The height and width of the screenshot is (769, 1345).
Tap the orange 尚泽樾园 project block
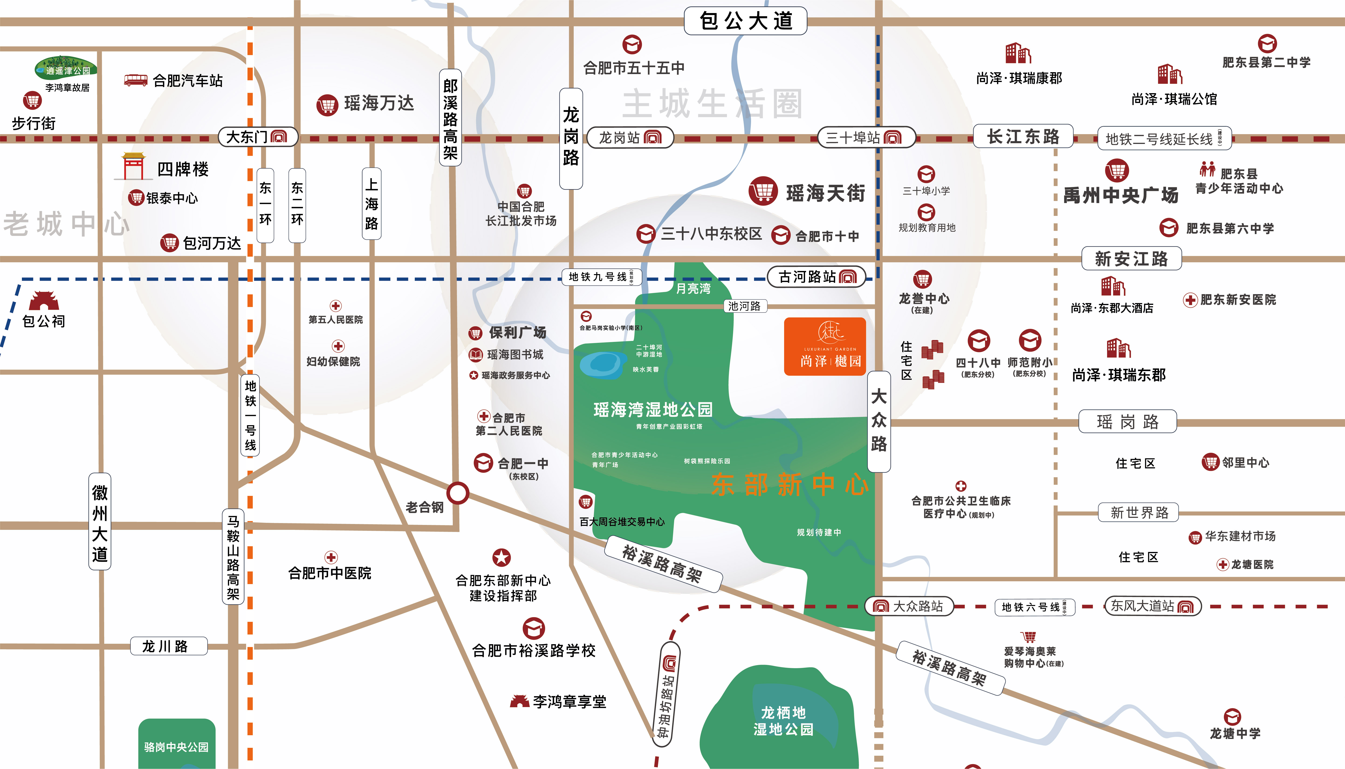825,347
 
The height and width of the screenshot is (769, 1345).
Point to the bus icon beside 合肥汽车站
136,80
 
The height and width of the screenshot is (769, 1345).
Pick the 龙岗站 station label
630,138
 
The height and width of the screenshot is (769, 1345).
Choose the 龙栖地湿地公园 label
783,721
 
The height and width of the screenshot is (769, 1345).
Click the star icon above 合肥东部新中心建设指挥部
501,558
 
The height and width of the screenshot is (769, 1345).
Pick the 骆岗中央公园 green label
176,747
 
